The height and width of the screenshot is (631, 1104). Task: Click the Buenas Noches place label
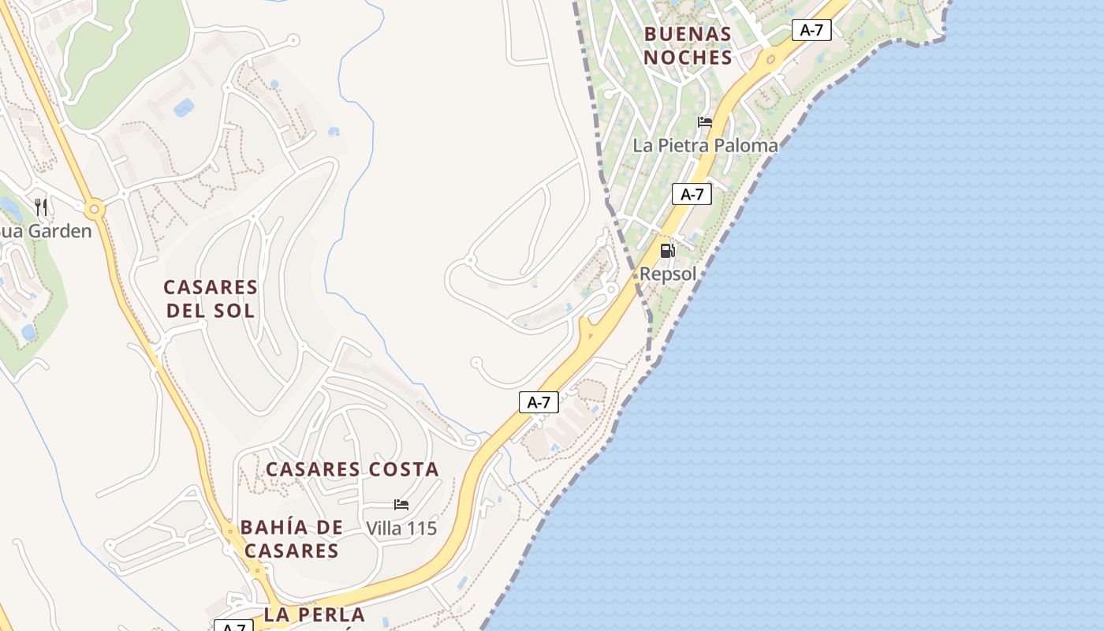tap(688, 46)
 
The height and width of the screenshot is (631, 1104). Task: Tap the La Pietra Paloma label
tap(705, 146)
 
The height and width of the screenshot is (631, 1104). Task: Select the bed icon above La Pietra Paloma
tap(705, 122)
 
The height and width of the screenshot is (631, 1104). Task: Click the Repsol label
tap(668, 274)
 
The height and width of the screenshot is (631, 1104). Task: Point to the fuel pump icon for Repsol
tap(667, 251)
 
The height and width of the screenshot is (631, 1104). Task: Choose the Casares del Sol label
tap(211, 298)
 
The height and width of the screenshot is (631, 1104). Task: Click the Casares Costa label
tap(352, 469)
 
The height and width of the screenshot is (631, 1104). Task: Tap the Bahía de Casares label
tap(291, 539)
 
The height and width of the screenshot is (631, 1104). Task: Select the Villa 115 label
tap(401, 528)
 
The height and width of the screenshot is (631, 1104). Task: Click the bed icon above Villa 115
tap(401, 505)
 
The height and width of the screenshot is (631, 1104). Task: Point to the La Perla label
tap(315, 615)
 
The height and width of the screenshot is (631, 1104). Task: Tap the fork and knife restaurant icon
tap(41, 207)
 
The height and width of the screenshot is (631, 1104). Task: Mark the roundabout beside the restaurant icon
tap(95, 210)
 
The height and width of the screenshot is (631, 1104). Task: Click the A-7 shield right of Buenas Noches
tap(811, 30)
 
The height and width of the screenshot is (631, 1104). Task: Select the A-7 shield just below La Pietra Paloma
tap(692, 194)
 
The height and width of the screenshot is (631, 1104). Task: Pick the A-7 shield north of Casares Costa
tap(539, 402)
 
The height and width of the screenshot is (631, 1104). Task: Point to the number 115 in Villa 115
tap(422, 528)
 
